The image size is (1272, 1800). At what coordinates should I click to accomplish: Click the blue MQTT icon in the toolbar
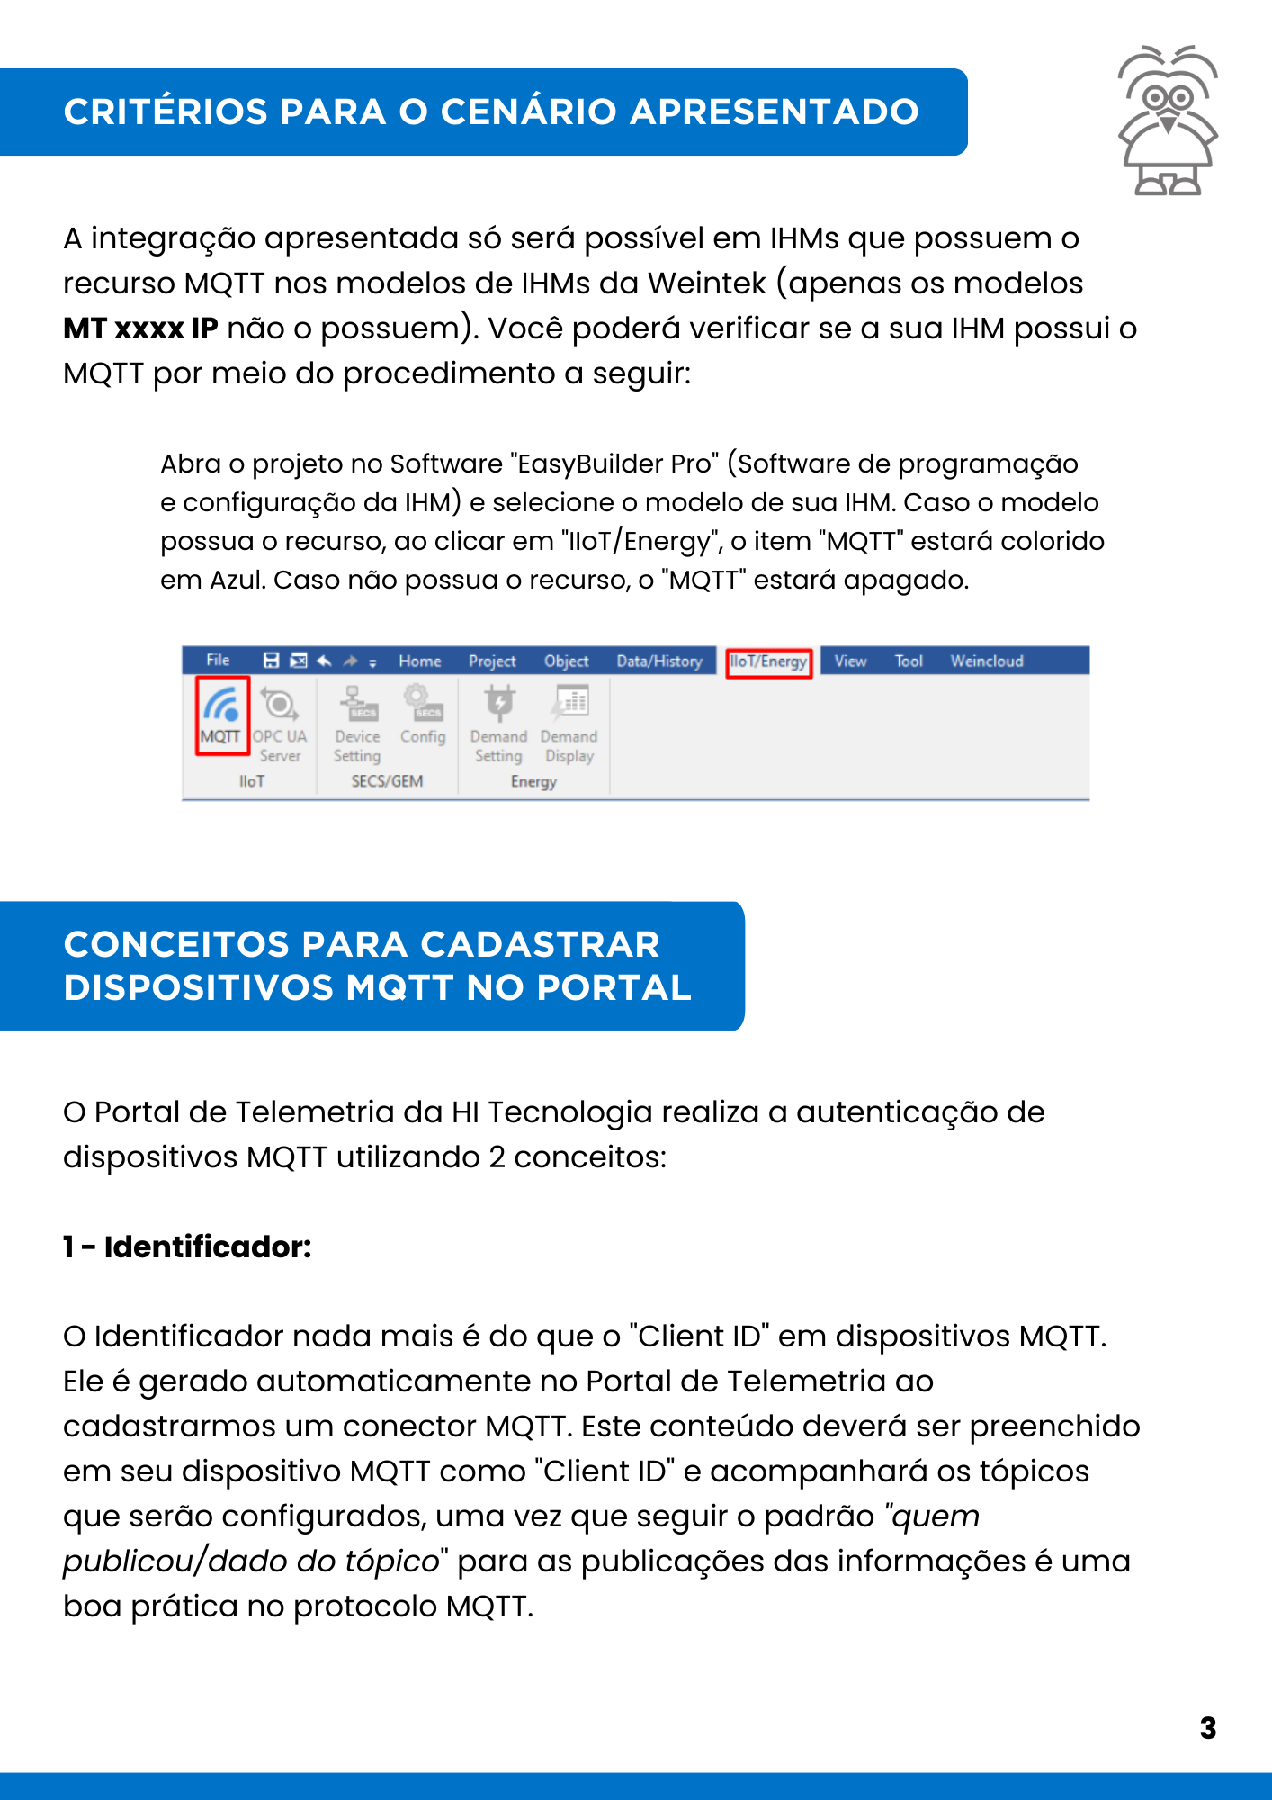point(221,704)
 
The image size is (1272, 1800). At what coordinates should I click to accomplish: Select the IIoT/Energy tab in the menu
point(768,661)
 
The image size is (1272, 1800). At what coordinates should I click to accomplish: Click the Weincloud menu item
point(987,661)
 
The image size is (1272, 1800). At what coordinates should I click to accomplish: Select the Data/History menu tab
point(659,661)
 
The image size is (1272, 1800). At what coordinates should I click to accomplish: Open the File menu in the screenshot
point(218,661)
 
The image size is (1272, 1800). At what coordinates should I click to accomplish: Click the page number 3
point(1207,1728)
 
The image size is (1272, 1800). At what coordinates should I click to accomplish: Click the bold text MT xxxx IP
point(140,328)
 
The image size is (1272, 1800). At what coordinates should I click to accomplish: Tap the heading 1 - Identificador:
point(187,1246)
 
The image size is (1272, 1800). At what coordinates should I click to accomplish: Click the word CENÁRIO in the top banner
point(533,112)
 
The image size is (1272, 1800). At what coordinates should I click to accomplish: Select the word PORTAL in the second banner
point(614,988)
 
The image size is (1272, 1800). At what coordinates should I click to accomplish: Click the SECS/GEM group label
point(387,781)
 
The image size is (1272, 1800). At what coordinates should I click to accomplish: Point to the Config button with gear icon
point(423,716)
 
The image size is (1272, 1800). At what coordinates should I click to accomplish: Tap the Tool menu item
point(909,661)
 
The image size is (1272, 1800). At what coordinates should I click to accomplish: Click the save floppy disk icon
point(271,661)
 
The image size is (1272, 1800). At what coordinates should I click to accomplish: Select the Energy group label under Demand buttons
point(533,781)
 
